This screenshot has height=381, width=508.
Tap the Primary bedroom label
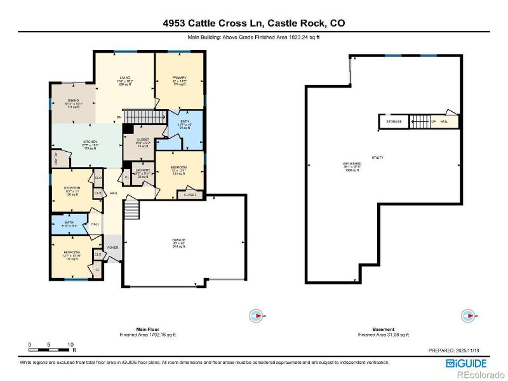(x=179, y=78)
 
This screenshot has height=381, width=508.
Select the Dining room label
(x=74, y=100)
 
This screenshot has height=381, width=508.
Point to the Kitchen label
(x=91, y=143)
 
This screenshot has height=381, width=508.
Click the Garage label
(x=179, y=241)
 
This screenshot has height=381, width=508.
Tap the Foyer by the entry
(x=112, y=248)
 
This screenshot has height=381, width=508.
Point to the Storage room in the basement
(x=394, y=121)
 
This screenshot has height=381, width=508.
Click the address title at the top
(x=254, y=23)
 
